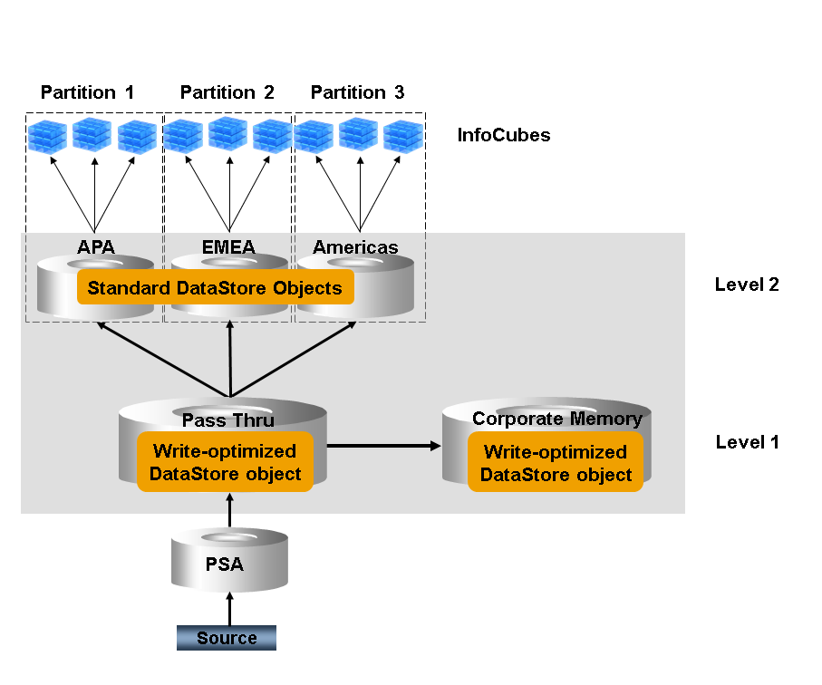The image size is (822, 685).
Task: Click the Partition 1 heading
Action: (x=87, y=92)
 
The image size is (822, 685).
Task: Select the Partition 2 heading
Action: (x=227, y=92)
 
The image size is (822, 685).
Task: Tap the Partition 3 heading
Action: (x=357, y=92)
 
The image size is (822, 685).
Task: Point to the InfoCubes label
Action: (x=504, y=136)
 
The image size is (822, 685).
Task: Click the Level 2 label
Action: (x=747, y=285)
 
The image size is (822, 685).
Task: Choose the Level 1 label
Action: (x=747, y=442)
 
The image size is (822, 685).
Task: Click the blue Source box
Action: (x=227, y=638)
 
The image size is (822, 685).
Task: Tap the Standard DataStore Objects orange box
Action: (x=215, y=288)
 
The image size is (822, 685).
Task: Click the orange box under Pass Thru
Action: (x=225, y=462)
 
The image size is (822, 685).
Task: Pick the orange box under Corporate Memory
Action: (x=556, y=463)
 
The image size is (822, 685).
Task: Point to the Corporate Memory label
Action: (x=556, y=419)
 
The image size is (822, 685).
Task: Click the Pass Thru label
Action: (x=227, y=420)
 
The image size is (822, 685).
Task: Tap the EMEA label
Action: (x=228, y=246)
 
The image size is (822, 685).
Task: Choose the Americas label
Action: (x=355, y=246)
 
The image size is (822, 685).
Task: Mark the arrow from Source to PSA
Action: (x=230, y=607)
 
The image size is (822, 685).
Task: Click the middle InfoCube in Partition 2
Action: (x=227, y=133)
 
